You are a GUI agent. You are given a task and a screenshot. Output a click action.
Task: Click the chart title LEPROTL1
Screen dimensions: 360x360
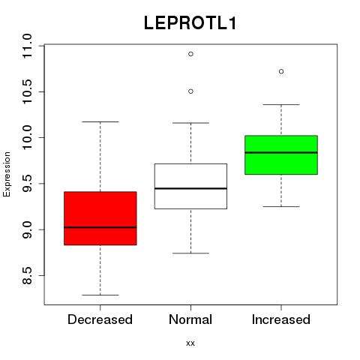[190, 23]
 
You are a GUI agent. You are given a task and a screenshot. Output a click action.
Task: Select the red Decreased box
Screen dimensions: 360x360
[100, 218]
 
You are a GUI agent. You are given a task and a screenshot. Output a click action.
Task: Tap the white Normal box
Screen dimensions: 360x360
[190, 186]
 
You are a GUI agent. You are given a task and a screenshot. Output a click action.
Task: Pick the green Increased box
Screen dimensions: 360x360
[281, 155]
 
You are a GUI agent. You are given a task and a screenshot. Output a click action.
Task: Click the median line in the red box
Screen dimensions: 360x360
[100, 227]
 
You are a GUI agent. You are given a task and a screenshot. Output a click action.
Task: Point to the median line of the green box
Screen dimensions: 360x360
[281, 152]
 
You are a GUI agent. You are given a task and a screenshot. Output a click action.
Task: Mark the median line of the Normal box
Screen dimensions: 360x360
[190, 188]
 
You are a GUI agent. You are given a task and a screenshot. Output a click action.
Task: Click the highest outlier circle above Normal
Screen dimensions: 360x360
[190, 54]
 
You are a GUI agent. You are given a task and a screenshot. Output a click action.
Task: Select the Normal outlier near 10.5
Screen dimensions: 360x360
[190, 91]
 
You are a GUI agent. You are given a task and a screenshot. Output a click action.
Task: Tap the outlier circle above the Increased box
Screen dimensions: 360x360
[281, 71]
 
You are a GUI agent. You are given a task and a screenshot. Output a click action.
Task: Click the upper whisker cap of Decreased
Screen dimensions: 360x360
[100, 121]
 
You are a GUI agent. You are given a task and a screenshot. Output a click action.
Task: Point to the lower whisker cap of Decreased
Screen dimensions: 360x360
[100, 295]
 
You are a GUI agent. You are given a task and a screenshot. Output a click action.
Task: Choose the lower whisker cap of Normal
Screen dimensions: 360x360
[190, 253]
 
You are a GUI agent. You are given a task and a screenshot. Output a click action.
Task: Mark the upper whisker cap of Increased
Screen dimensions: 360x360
[281, 104]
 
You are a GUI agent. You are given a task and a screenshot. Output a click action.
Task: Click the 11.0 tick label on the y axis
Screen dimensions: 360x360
[27, 46]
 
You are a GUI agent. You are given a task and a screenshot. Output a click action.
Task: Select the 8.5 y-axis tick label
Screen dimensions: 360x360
[27, 275]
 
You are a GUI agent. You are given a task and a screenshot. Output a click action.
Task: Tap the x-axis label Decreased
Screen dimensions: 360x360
[100, 319]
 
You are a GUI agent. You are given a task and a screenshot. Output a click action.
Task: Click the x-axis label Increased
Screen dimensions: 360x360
[281, 319]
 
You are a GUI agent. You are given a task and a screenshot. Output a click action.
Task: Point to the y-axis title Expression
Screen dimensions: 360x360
[7, 174]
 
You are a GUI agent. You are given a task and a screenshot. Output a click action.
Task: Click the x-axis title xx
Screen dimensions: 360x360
[190, 343]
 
